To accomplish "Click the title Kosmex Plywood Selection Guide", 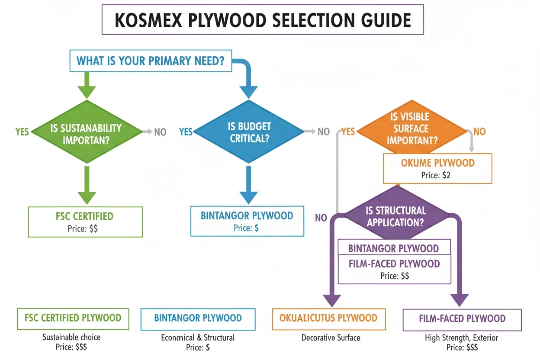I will click(x=263, y=20).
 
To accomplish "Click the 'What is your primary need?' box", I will click(x=150, y=61).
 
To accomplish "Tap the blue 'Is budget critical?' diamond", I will click(x=248, y=132).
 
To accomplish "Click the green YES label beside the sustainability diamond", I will click(x=22, y=132).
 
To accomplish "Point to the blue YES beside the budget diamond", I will click(x=186, y=132).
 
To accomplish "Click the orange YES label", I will click(x=348, y=132).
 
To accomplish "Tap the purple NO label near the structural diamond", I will click(x=321, y=218).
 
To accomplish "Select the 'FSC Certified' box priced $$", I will click(x=85, y=222).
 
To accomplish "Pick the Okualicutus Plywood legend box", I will click(x=328, y=318).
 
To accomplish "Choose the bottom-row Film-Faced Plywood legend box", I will click(x=462, y=319).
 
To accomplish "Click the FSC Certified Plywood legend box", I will click(x=73, y=318).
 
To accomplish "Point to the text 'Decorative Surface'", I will click(x=331, y=337).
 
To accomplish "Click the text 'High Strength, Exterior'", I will click(x=461, y=337).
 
